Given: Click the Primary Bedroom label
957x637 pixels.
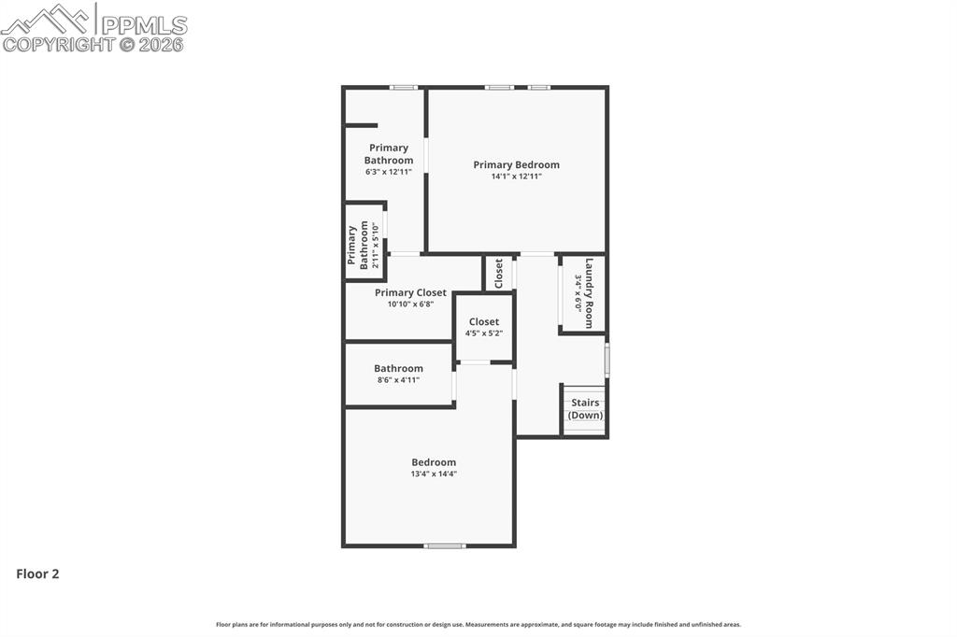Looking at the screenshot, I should pyautogui.click(x=516, y=165).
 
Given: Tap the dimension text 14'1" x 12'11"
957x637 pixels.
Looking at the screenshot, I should pyautogui.click(x=516, y=177).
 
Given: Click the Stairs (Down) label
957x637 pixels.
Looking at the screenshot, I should pyautogui.click(x=586, y=409).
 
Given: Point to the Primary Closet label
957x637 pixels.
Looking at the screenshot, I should pyautogui.click(x=410, y=292).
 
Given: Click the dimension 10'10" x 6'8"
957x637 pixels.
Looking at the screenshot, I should pyautogui.click(x=410, y=304).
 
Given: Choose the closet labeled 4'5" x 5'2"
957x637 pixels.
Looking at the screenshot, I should pyautogui.click(x=484, y=327).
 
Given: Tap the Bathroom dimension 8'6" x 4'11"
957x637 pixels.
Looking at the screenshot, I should pyautogui.click(x=398, y=380).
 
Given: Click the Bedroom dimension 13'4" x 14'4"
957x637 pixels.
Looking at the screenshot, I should pyautogui.click(x=434, y=474).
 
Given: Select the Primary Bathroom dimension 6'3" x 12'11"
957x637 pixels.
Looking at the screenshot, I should pyautogui.click(x=388, y=172).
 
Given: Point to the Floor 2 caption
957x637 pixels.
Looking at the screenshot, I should pyautogui.click(x=37, y=574).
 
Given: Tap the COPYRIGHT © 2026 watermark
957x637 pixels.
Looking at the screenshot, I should pyautogui.click(x=93, y=44).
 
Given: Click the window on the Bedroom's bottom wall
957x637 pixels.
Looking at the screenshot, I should pyautogui.click(x=444, y=545).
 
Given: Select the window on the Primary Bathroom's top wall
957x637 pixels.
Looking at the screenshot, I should pyautogui.click(x=403, y=88).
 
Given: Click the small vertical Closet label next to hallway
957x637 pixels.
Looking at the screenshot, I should pyautogui.click(x=499, y=273).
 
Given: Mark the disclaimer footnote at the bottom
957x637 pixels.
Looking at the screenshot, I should pyautogui.click(x=478, y=625).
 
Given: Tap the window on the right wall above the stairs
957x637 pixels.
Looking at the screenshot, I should pyautogui.click(x=607, y=360).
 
